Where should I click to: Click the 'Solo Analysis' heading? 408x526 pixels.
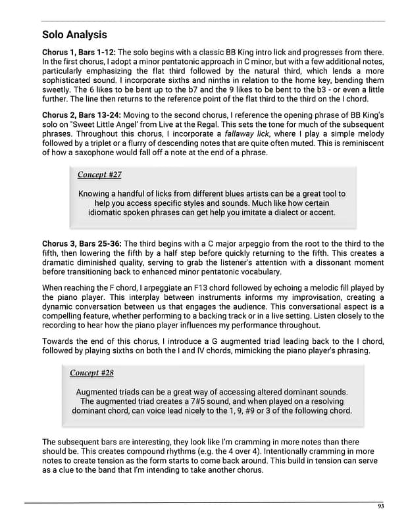(x=74, y=34)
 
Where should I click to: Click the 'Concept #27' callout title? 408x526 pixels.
(x=99, y=174)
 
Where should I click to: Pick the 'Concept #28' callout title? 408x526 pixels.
(x=91, y=373)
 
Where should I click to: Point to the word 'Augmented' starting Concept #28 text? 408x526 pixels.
(x=99, y=392)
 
